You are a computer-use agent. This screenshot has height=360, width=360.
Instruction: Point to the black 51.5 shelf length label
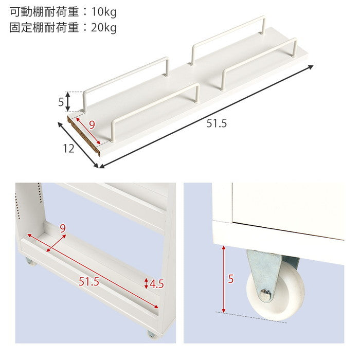pos(217,123)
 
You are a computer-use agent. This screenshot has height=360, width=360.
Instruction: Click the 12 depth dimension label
pos(69,149)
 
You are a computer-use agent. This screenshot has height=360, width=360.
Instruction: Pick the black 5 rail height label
pos(61,102)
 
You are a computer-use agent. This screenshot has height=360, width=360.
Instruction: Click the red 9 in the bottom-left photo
pos(63,229)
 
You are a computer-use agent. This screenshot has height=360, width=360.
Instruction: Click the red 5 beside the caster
pos(231,279)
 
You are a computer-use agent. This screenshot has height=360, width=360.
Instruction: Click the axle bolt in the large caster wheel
pos(265,295)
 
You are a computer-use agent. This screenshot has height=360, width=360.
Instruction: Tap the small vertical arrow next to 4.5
pos(147,283)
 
